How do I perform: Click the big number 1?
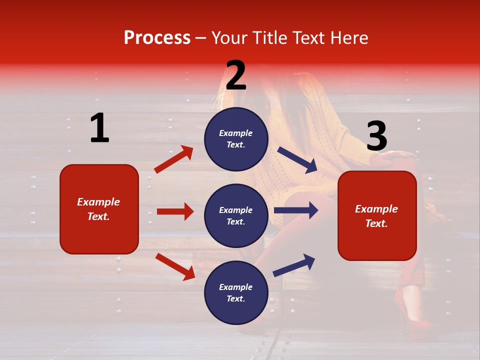[99, 128]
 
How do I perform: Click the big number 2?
[236, 75]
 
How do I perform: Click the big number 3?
[376, 136]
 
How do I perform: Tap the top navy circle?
[236, 139]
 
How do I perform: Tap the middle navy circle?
[236, 215]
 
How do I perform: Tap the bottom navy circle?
[236, 292]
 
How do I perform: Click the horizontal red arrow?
[175, 211]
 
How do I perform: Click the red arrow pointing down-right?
[175, 266]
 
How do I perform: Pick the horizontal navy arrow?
[296, 210]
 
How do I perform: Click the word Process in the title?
[157, 38]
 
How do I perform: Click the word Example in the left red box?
[98, 202]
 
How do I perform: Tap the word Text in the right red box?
[376, 224]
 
